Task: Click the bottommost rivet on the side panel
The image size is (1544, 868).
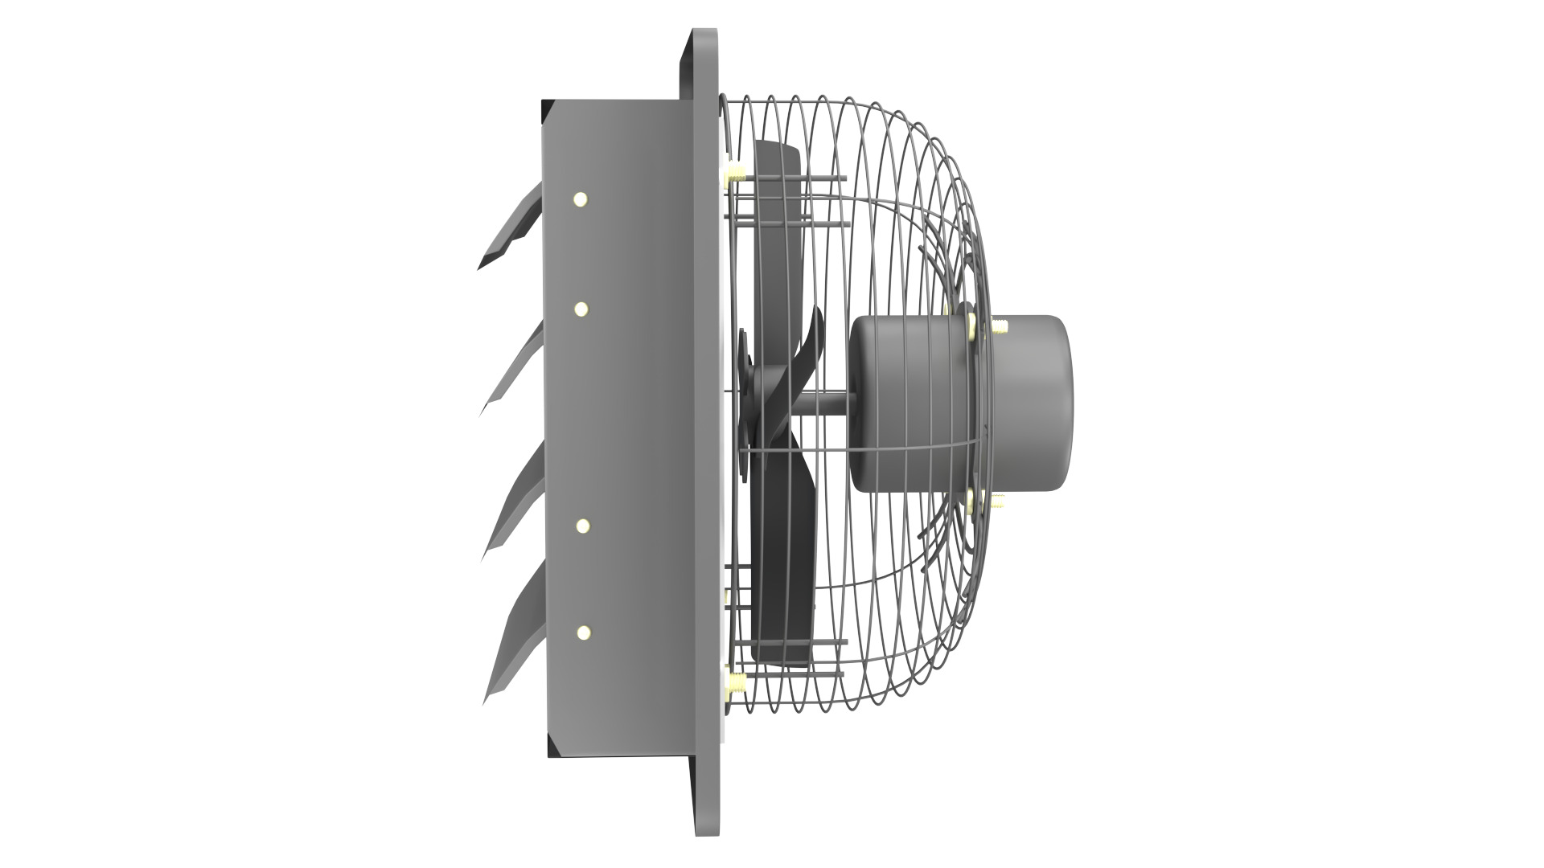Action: click(x=582, y=633)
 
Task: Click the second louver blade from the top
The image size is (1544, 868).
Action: click(x=515, y=374)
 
